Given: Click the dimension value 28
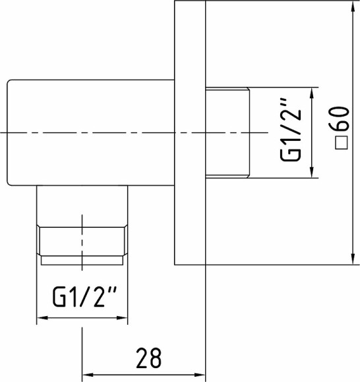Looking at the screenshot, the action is point(149,358).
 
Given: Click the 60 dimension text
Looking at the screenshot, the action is point(340,119).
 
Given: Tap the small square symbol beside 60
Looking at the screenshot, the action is point(342,143).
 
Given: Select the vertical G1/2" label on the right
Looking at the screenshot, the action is point(291,130).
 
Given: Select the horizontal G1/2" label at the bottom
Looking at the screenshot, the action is point(84,297).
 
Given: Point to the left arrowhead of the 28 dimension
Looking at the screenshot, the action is point(87,375).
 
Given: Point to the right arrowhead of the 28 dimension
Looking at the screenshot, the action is point(200,375).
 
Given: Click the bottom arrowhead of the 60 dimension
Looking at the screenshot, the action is point(353,259).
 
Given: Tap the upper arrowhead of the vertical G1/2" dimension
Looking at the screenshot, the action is point(311,93).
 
